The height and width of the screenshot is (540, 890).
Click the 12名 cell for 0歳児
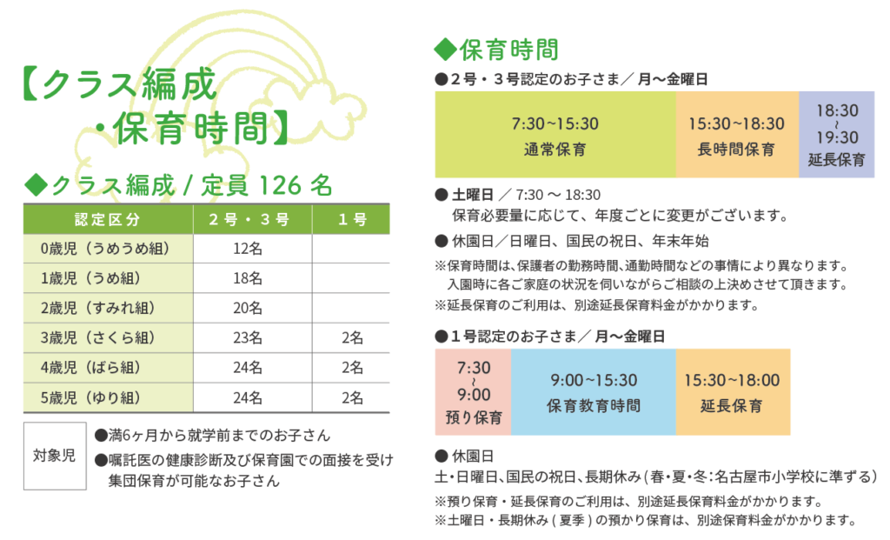pyautogui.click(x=248, y=249)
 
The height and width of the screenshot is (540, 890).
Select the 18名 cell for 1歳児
pyautogui.click(x=248, y=278)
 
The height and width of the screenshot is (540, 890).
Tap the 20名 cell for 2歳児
pyautogui.click(x=248, y=308)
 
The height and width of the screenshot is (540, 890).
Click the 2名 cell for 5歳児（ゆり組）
pyautogui.click(x=351, y=397)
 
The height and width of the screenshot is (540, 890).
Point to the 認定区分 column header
pyautogui.click(x=107, y=219)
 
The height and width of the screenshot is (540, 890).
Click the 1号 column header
pyautogui.click(x=351, y=219)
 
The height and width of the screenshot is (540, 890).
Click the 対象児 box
pyautogui.click(x=54, y=456)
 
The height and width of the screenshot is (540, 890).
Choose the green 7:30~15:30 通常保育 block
pyautogui.click(x=555, y=135)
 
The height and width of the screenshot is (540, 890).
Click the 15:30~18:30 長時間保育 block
pyautogui.click(x=736, y=135)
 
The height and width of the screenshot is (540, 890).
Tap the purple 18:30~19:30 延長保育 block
pyautogui.click(x=836, y=135)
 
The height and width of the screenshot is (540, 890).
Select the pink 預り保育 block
pyautogui.click(x=473, y=392)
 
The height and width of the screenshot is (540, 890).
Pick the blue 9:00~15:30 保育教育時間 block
pyautogui.click(x=593, y=392)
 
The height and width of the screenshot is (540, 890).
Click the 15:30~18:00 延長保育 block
pyautogui.click(x=732, y=392)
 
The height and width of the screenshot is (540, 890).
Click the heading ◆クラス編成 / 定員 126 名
pyautogui.click(x=178, y=184)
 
